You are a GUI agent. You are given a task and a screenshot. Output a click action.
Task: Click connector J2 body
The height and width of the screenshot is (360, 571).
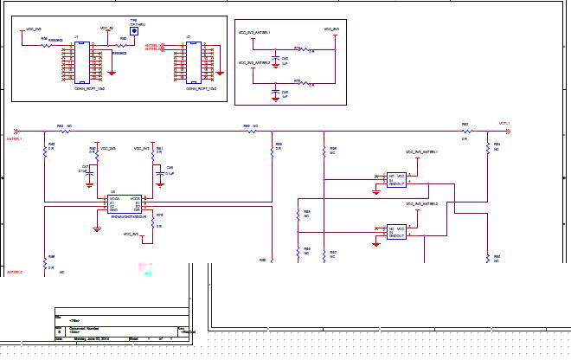(193, 61)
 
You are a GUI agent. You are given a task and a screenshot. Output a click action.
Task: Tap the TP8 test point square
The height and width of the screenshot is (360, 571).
(134, 29)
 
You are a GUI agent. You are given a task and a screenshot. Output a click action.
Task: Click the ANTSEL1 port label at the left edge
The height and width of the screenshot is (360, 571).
(14, 138)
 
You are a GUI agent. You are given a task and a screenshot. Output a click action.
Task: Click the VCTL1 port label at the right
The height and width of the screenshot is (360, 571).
(504, 123)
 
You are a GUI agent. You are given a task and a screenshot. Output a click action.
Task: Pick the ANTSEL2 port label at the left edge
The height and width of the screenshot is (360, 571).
(14, 273)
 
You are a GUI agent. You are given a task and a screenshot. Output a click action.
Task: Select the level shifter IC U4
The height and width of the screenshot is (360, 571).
(125, 203)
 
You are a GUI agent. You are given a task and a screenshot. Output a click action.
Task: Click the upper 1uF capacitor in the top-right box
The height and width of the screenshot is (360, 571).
(275, 61)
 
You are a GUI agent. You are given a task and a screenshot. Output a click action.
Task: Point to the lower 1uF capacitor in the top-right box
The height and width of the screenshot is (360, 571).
(275, 91)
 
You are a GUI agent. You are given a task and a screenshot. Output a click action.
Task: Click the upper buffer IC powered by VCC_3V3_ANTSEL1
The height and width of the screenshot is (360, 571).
(396, 178)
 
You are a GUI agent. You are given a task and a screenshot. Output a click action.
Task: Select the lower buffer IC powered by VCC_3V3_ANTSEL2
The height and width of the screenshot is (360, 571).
(396, 231)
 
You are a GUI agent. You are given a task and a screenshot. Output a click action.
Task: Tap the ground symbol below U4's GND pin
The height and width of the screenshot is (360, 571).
(95, 229)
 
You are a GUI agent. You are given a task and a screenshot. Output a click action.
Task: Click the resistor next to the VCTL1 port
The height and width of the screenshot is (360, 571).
(465, 132)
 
